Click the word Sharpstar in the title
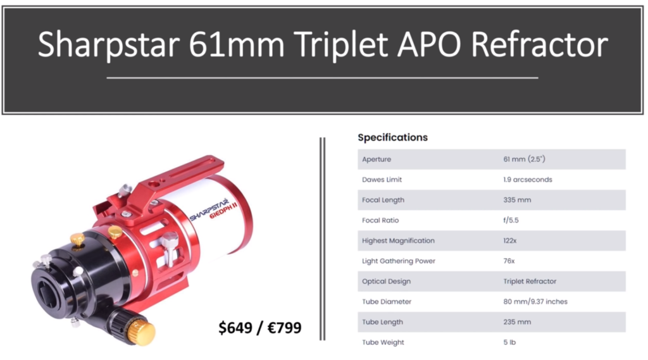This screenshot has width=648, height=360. [109, 45]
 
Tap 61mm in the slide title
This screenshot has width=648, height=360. [237, 44]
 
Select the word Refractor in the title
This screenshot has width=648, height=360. [539, 44]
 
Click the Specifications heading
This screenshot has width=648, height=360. [392, 137]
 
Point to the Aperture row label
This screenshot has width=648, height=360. [377, 159]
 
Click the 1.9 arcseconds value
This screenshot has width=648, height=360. [528, 180]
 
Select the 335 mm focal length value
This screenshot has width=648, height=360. [517, 200]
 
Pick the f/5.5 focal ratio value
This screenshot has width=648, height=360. [511, 220]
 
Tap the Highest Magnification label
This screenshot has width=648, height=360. [399, 240]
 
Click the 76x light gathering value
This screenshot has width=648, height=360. [509, 261]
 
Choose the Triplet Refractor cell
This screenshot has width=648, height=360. [530, 281]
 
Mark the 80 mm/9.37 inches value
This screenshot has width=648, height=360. [535, 302]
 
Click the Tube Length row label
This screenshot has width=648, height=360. [382, 322]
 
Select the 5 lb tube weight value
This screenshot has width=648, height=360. [509, 342]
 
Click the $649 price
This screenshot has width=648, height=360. [235, 328]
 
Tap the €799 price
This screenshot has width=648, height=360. [285, 327]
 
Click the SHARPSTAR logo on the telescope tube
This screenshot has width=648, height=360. [210, 209]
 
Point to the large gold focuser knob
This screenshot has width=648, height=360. [142, 332]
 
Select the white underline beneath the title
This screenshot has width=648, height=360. [322, 78]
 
